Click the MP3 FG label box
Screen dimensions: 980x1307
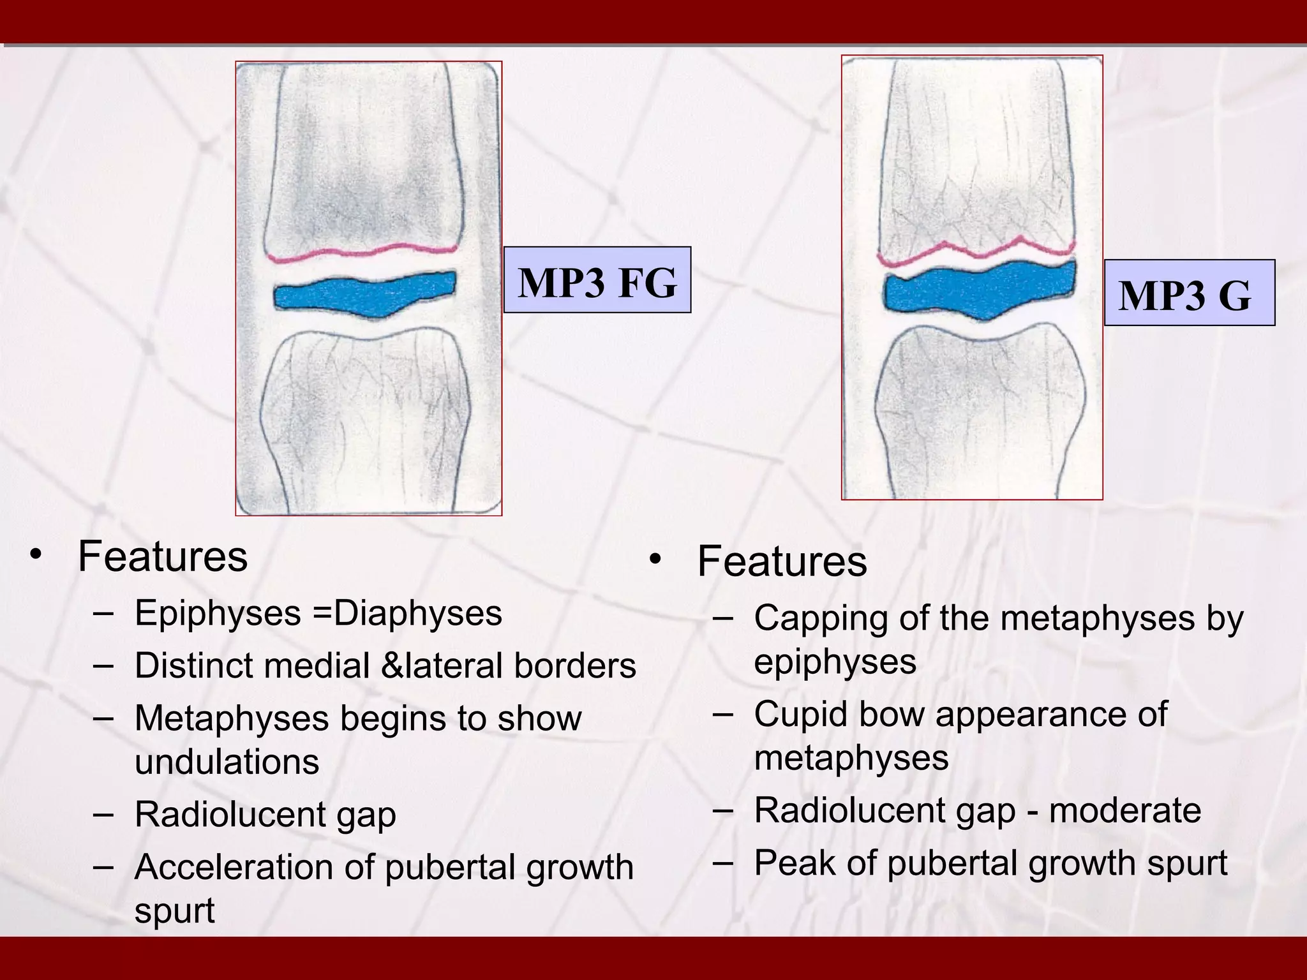tap(597, 280)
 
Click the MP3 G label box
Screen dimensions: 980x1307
tap(1189, 293)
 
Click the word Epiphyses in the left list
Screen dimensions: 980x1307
tap(218, 614)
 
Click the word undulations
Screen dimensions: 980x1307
tap(227, 762)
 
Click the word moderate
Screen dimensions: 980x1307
tap(1124, 810)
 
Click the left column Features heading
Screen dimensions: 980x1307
tap(163, 556)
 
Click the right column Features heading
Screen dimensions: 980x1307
tap(782, 561)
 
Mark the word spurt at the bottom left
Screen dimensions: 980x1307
tap(174, 911)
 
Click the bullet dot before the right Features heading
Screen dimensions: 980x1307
tap(655, 560)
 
